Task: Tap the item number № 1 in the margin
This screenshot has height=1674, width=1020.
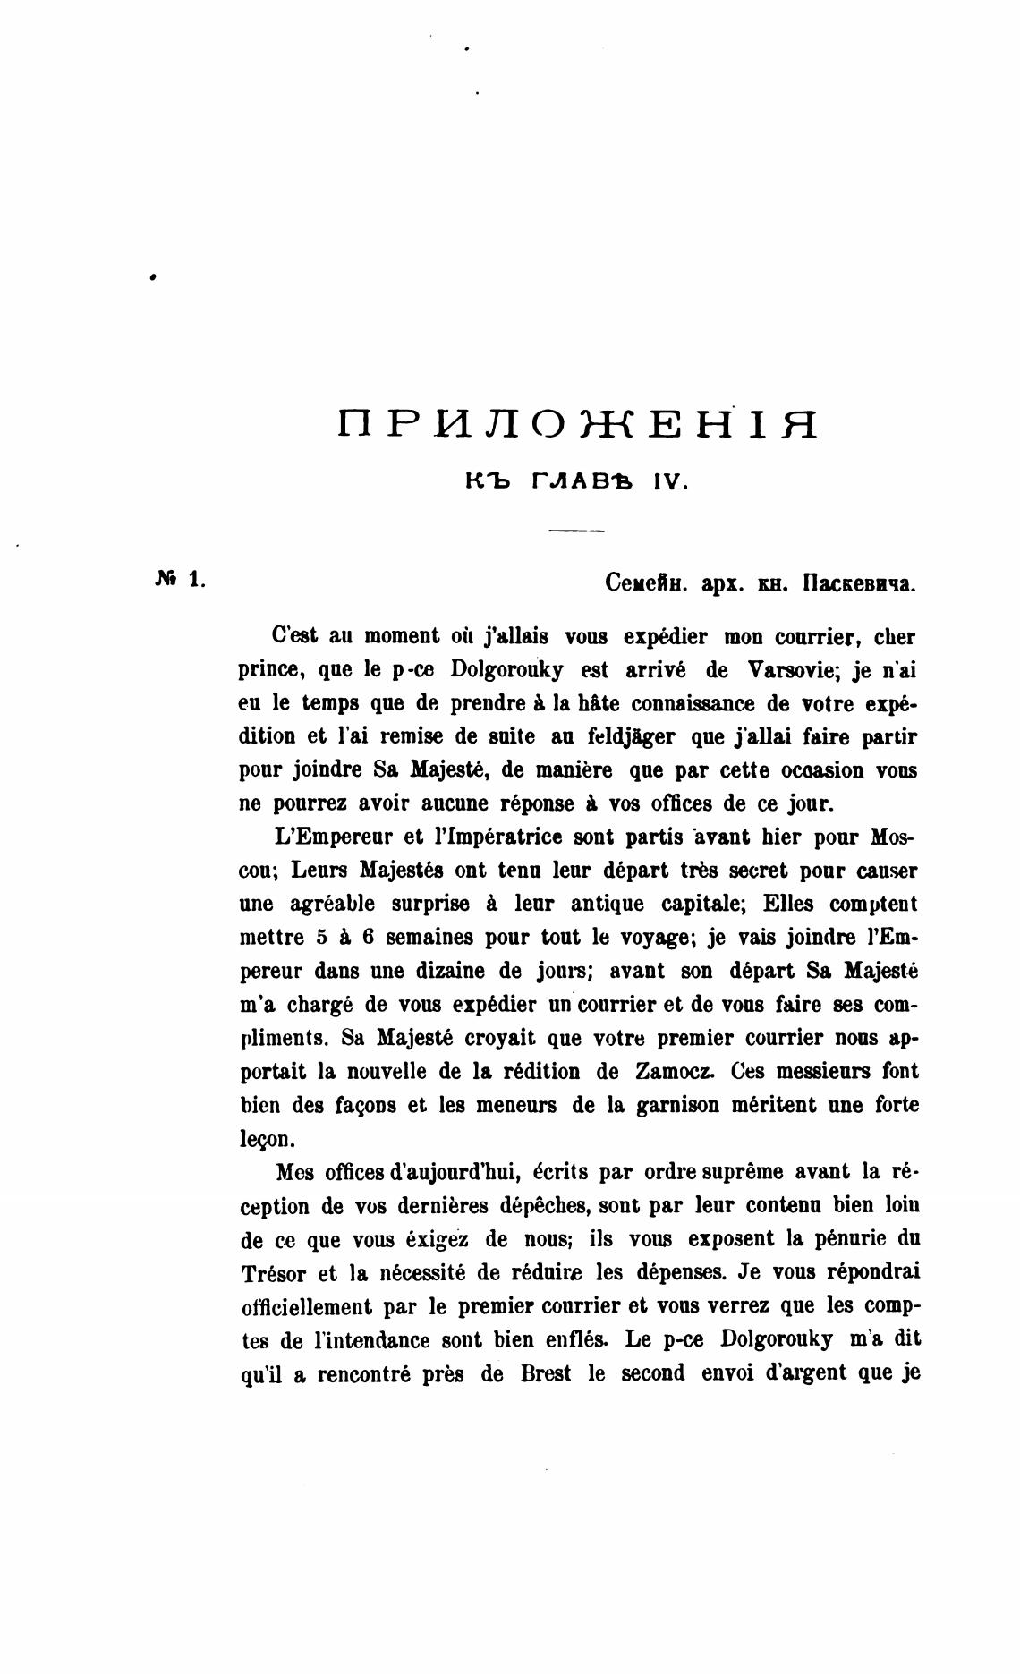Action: (180, 580)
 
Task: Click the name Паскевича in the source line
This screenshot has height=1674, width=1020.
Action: (859, 584)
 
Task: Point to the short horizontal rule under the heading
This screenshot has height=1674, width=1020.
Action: (577, 532)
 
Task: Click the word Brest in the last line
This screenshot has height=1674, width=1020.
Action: (546, 1373)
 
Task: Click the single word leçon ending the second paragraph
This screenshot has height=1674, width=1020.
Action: (266, 1139)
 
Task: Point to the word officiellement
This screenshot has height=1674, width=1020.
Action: (307, 1306)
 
